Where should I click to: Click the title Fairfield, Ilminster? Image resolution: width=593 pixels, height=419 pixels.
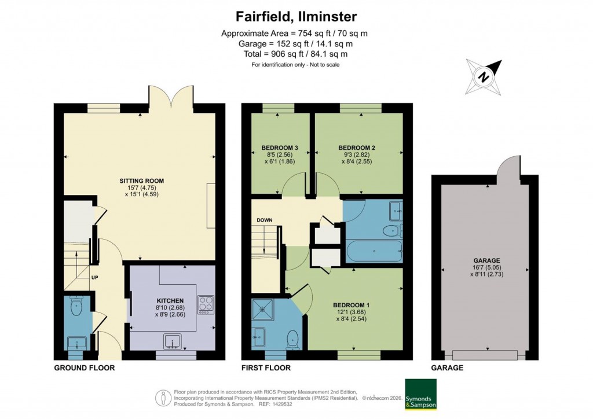[x=296, y=16]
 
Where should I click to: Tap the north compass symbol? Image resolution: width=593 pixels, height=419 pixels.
[x=482, y=75]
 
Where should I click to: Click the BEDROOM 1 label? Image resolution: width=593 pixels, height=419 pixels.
[x=351, y=305]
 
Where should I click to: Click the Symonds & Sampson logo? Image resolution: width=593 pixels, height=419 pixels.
[x=420, y=394]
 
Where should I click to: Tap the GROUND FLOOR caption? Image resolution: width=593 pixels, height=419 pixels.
[x=85, y=367]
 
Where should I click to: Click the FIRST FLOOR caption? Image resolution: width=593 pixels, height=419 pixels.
[x=266, y=367]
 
